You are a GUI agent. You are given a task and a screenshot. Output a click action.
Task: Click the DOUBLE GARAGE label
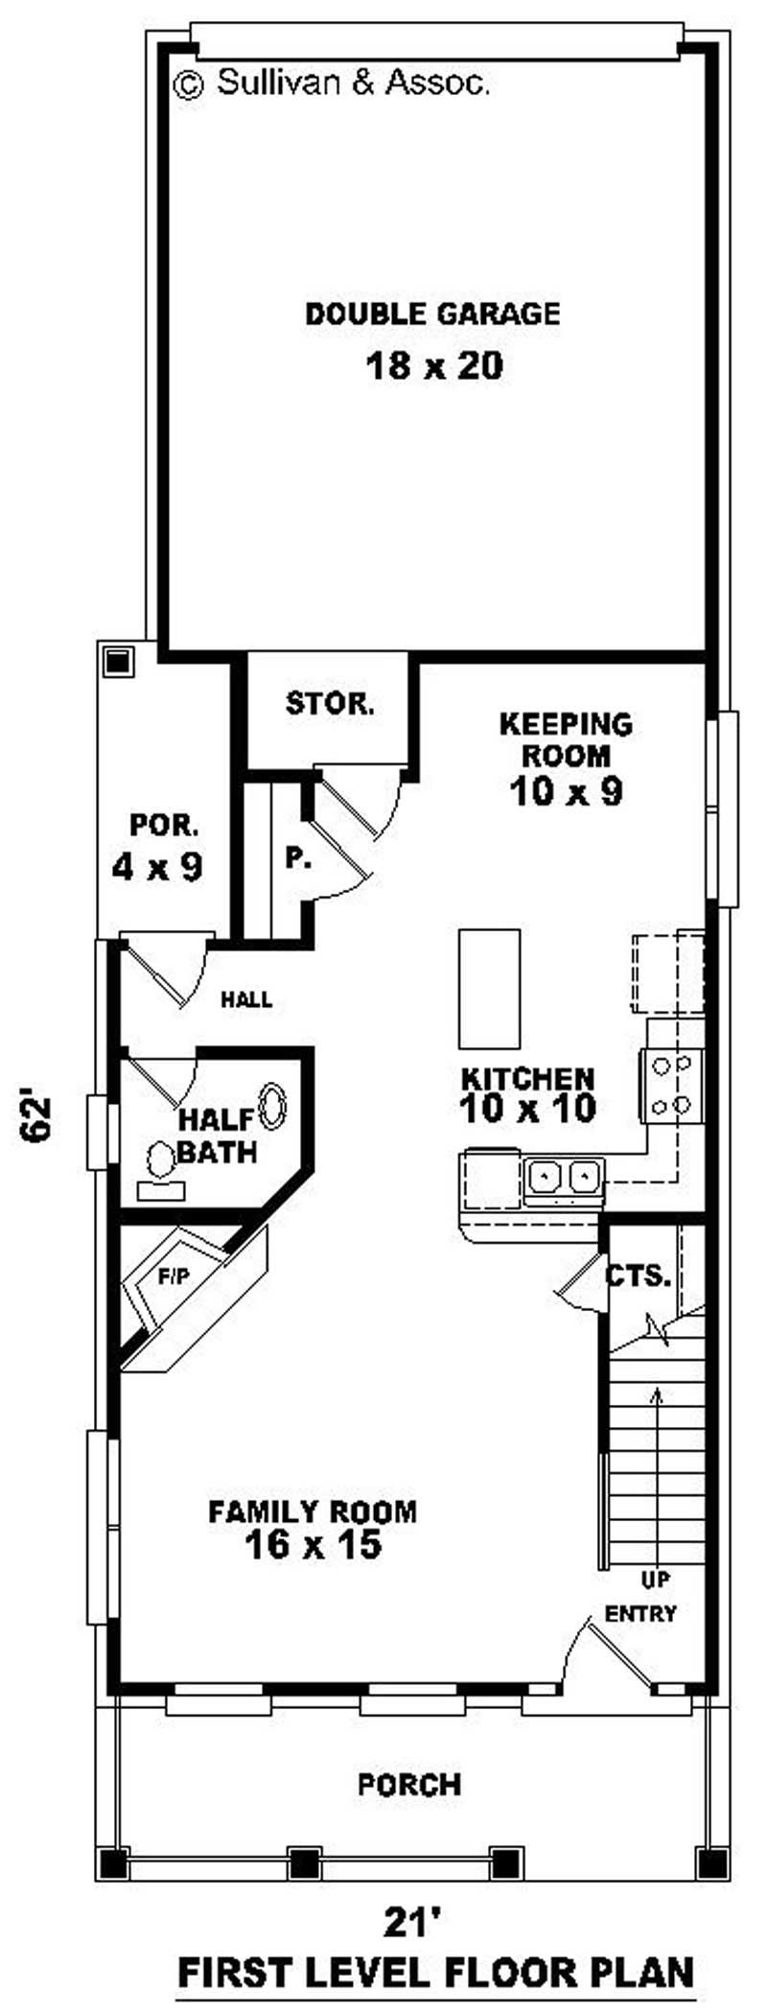point(432,314)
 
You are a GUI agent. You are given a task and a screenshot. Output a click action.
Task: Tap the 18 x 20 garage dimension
point(434,365)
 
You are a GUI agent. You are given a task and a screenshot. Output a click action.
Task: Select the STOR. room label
point(330,704)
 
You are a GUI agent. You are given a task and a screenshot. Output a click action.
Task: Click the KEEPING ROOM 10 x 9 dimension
point(567,791)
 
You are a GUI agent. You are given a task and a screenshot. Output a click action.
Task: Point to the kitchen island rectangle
point(489,989)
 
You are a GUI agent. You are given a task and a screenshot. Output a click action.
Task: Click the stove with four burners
point(672,1085)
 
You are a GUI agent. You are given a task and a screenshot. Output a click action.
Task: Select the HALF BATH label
point(218,1136)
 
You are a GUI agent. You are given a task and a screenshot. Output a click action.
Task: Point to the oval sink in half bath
point(273,1105)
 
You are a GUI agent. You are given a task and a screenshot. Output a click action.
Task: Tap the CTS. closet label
point(637,1277)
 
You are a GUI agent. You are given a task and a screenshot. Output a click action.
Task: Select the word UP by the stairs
point(656,1579)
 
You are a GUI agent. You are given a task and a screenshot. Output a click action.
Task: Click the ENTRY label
point(640,1614)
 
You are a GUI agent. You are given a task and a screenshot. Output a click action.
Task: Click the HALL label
point(246,999)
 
